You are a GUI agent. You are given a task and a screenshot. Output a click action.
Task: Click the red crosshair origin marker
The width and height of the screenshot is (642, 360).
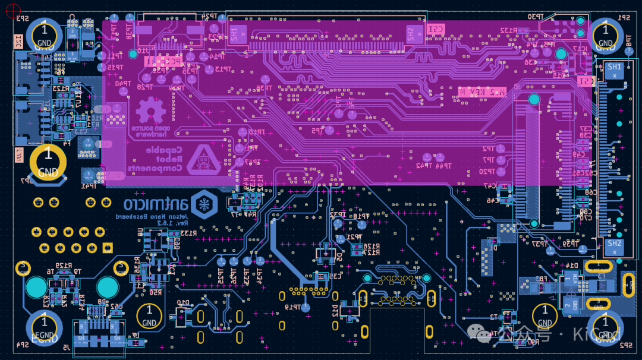point(12,10)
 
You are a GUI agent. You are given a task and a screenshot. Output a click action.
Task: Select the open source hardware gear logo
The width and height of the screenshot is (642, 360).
point(151,111)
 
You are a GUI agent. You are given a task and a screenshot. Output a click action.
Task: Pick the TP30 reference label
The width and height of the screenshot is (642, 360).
point(537,17)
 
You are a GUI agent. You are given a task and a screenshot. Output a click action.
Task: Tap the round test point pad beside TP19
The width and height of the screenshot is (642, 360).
point(306,307)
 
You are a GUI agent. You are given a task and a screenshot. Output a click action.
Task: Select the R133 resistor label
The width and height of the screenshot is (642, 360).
point(187,233)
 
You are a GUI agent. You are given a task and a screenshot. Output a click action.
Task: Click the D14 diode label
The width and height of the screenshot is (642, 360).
point(572,266)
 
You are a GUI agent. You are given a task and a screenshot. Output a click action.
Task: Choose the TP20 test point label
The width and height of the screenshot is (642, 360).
point(487,172)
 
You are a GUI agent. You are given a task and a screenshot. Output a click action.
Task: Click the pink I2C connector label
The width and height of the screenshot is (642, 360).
point(18,42)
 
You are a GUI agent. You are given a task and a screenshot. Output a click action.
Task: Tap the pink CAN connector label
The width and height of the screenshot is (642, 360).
point(18,156)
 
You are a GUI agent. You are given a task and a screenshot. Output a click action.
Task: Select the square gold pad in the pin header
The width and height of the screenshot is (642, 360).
point(108,247)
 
